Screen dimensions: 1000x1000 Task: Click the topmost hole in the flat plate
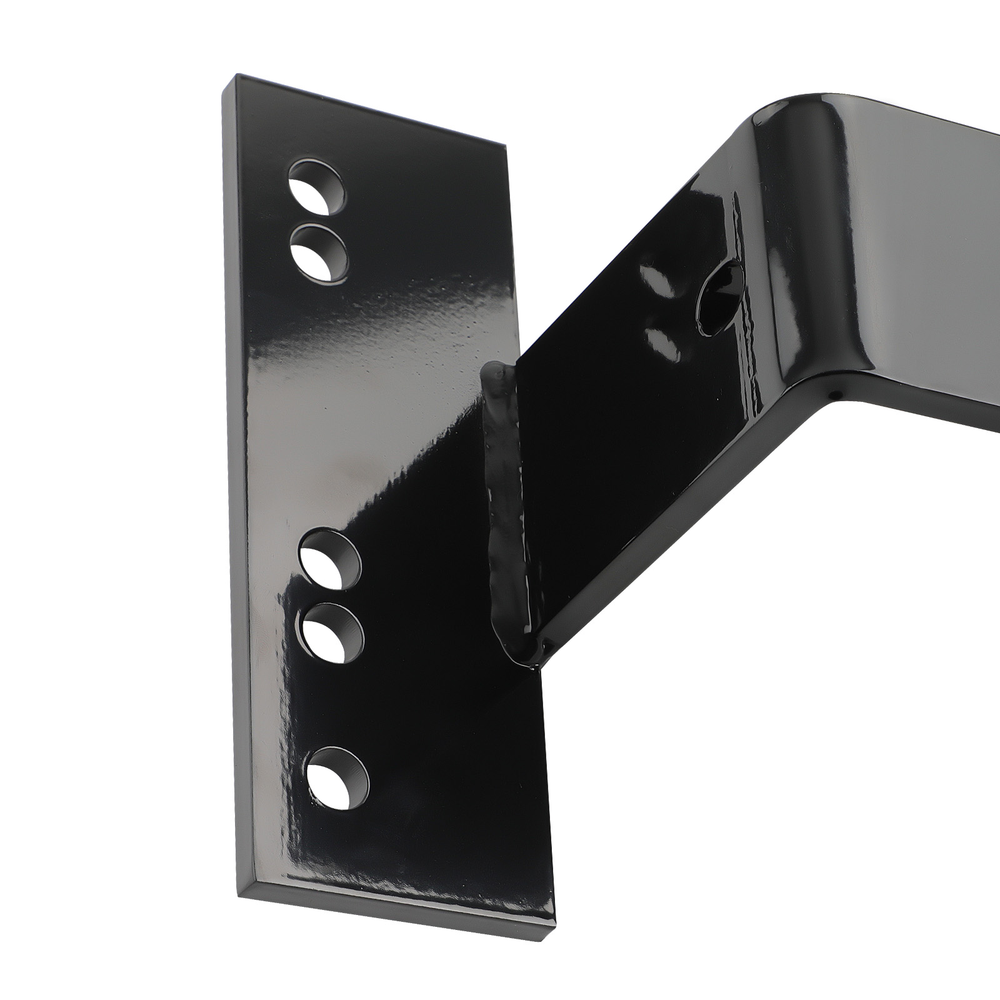pyautogui.click(x=317, y=185)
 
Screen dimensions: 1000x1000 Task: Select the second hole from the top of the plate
pyautogui.click(x=320, y=252)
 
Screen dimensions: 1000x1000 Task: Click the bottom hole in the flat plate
pyautogui.click(x=337, y=776)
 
